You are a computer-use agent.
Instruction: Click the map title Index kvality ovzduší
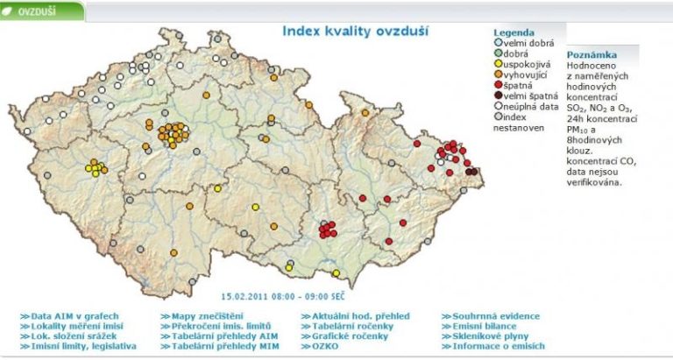[355, 31]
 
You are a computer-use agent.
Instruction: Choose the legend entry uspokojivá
[529, 64]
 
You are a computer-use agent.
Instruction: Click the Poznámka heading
[591, 53]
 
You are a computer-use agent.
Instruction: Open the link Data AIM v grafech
[74, 316]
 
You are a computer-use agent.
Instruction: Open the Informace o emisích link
[499, 346]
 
